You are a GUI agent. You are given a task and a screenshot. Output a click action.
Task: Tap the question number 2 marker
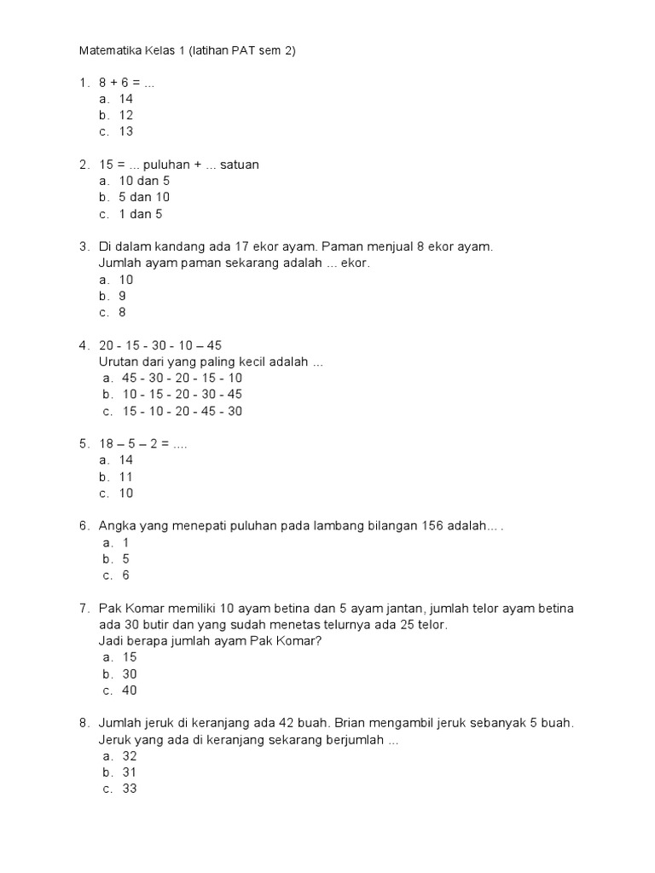tap(84, 165)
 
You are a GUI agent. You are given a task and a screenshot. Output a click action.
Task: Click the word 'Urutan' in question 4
tap(119, 362)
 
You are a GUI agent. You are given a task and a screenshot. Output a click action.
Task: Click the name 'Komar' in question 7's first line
tap(145, 609)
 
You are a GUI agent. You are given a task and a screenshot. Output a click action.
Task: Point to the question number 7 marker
tap(84, 609)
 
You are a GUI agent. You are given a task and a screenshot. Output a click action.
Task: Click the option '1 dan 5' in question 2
tap(140, 214)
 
